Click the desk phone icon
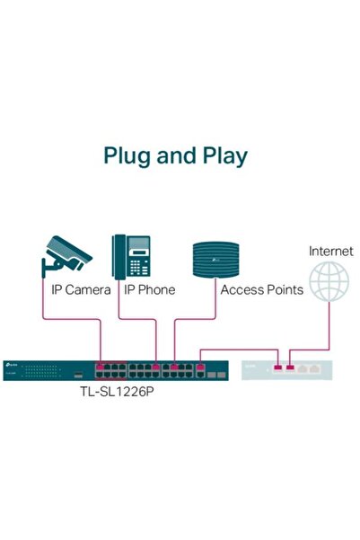click(130, 255)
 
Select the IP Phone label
click(149, 290)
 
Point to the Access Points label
click(261, 290)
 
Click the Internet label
click(330, 251)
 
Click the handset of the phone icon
click(119, 255)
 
